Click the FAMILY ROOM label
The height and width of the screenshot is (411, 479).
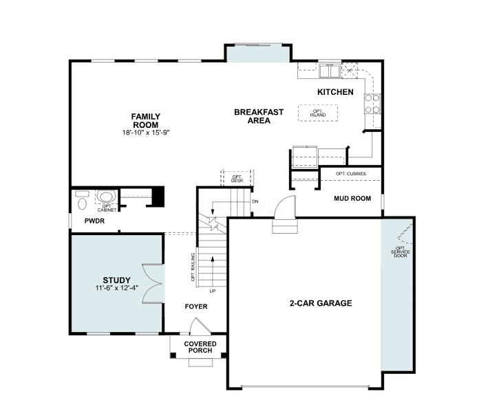coord(146,120)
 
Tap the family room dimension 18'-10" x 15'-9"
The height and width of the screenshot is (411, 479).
coord(146,133)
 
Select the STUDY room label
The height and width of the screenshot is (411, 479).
coord(117,280)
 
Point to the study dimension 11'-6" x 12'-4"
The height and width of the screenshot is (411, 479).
coord(117,288)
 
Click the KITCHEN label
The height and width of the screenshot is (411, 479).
coord(335,92)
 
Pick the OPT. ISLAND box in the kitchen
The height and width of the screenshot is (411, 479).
coord(318,113)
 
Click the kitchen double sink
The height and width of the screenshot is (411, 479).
coord(330,71)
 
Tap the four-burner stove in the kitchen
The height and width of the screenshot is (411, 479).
coord(372,104)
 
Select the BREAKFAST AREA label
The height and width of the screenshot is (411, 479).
coord(259,116)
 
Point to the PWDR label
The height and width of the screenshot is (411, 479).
coord(94,221)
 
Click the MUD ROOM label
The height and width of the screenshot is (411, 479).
coord(352,199)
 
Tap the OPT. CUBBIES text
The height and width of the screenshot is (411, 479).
coord(351,174)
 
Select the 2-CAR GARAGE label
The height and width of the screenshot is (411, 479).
coord(321,303)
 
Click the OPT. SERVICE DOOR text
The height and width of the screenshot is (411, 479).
coord(401,252)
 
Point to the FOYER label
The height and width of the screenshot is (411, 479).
coord(196,307)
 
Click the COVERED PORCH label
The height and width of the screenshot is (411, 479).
coord(200,347)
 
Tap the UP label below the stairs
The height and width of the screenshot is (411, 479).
coord(213,291)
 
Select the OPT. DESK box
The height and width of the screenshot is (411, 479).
coord(237,178)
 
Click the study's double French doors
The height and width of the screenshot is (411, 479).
coord(153,283)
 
